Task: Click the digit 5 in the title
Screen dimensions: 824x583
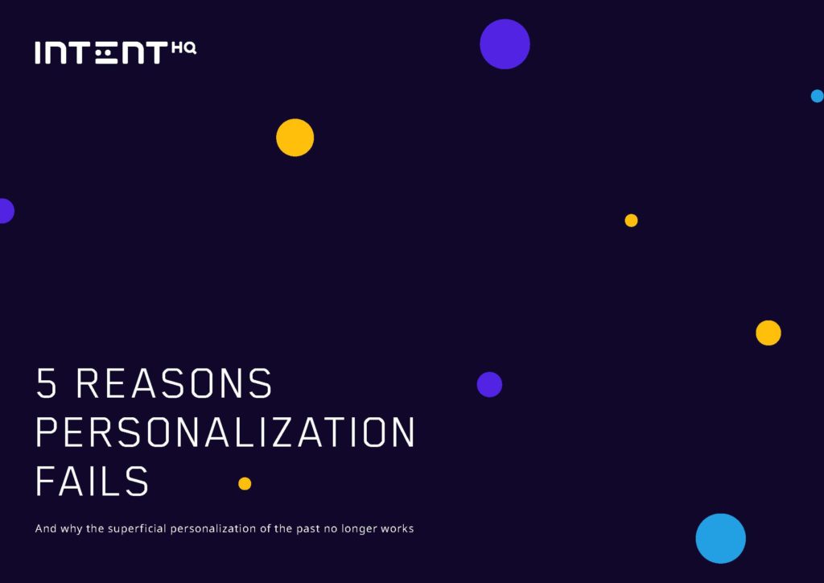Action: coord(46,382)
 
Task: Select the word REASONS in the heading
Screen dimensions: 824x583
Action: coord(175,382)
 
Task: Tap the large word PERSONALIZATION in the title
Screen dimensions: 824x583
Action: coord(225,432)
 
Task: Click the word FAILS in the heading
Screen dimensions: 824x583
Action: coord(92,481)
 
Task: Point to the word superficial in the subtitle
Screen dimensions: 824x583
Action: coord(137,528)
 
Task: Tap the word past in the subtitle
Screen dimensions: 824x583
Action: coord(307,529)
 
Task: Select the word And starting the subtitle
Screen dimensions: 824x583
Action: coord(46,528)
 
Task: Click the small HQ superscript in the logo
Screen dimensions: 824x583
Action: coord(184,48)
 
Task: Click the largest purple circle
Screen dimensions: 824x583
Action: coord(505,44)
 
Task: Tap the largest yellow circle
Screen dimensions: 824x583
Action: coord(295,137)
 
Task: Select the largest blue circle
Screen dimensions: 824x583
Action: coord(720,539)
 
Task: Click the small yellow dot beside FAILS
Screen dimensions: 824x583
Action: coord(245,484)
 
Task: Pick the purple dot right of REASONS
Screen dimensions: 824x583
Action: coord(489,384)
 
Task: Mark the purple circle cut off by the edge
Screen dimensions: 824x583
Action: coord(6,211)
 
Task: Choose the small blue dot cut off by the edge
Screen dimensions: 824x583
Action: coord(818,96)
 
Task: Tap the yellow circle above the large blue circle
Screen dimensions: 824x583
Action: coord(768,333)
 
